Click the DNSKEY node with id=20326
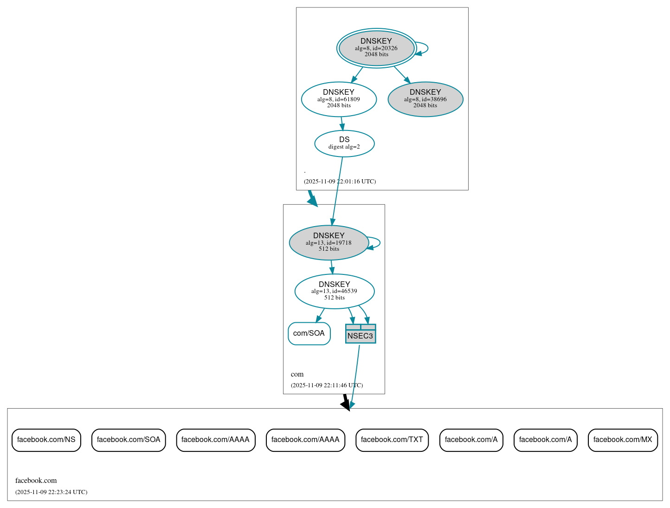(x=376, y=48)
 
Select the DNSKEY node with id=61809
(x=339, y=99)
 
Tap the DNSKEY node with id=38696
(x=425, y=99)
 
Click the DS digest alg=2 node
(x=344, y=143)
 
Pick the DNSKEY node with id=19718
(x=329, y=242)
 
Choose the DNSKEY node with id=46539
(x=334, y=291)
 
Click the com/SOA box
(x=309, y=333)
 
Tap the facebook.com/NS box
(x=46, y=440)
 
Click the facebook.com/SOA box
(x=129, y=440)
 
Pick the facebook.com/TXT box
(x=392, y=440)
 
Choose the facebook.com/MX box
(x=623, y=440)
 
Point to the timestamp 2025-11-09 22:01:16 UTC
(x=340, y=182)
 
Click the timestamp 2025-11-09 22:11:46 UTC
(x=327, y=385)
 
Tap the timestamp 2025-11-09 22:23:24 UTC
(x=51, y=492)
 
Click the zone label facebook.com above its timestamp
(x=36, y=481)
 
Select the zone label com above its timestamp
(x=297, y=374)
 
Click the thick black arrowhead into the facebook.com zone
(x=346, y=405)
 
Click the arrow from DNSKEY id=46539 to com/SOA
(x=320, y=316)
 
